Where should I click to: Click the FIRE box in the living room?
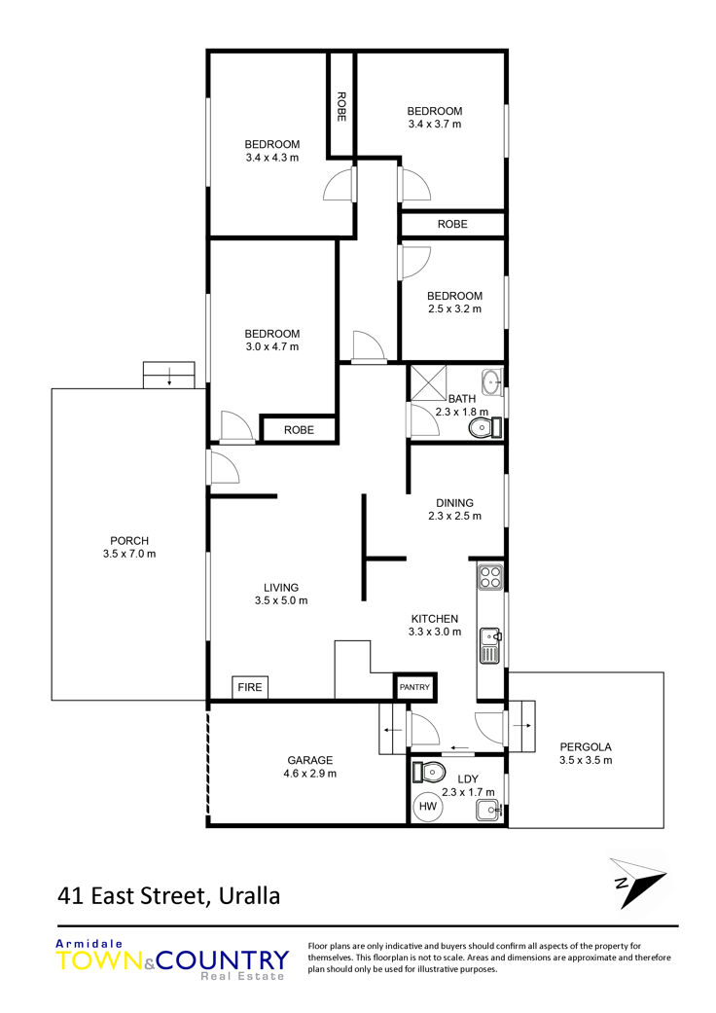click(x=250, y=687)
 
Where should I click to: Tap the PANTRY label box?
click(x=414, y=687)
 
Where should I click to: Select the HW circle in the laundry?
click(x=428, y=806)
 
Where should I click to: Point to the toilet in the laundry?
click(x=429, y=771)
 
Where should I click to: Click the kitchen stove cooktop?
click(x=490, y=576)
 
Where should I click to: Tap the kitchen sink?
click(x=490, y=645)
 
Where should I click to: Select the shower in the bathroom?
click(x=429, y=383)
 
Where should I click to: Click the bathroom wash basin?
click(x=492, y=381)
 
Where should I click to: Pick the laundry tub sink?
click(x=488, y=810)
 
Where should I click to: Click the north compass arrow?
click(x=637, y=882)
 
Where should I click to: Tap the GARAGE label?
click(x=310, y=760)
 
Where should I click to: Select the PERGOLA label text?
click(x=586, y=746)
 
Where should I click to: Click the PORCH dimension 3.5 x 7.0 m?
click(x=129, y=554)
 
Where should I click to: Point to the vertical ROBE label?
click(x=341, y=107)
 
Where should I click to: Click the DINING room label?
click(x=454, y=503)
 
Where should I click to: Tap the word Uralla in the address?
click(x=249, y=896)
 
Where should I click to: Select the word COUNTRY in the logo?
click(x=222, y=960)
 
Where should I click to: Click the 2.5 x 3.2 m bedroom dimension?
click(x=454, y=308)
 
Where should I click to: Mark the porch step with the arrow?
click(x=168, y=376)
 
